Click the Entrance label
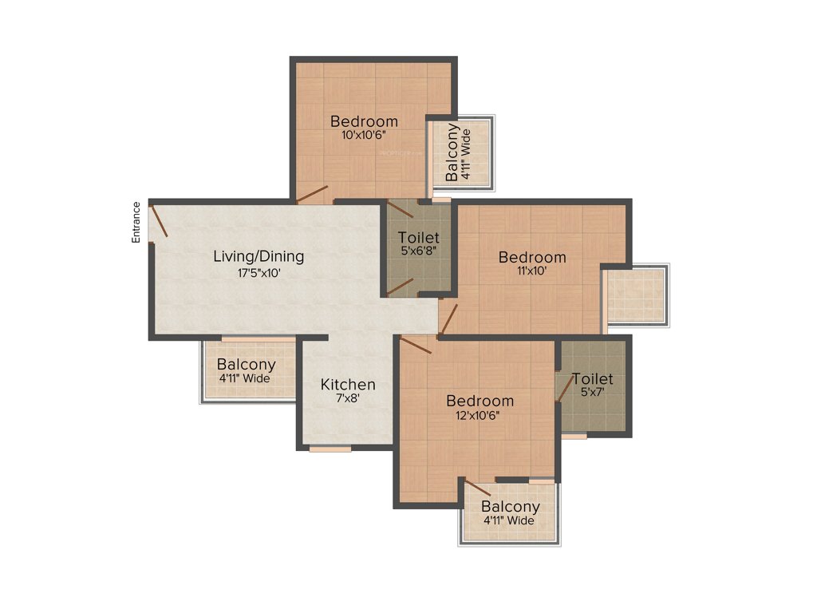pos(136,222)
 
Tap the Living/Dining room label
pos(259,257)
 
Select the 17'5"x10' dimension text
pos(259,273)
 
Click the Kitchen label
pos(348,385)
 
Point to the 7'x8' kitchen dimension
pos(348,399)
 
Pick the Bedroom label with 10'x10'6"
pos(364,121)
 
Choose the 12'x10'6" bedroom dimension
pos(480,415)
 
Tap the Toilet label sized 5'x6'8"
pos(418,238)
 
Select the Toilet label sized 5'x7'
pos(593,379)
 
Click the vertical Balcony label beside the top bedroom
pos(452,152)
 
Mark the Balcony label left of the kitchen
pos(246,365)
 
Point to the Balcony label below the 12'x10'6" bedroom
pos(511,507)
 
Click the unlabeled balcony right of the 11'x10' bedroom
pos(636,295)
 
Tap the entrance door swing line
pos(159,221)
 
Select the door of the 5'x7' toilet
pos(565,388)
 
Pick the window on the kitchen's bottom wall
pos(330,449)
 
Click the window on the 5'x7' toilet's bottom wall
pos(574,437)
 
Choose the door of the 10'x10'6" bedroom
pos(312,195)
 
